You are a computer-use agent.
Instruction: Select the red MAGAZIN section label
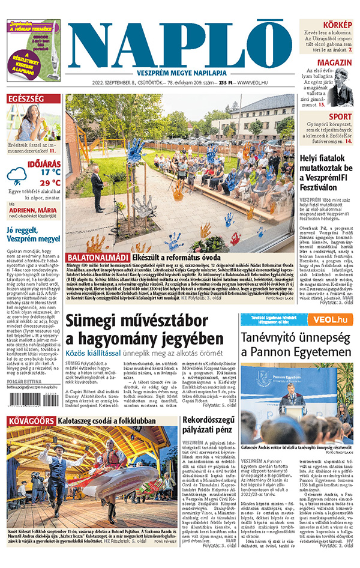pos(334,63)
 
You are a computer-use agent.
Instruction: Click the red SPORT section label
pos(340,116)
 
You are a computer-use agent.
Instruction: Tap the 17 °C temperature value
pos(50,172)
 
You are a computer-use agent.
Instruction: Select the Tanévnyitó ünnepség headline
pos(296,337)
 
